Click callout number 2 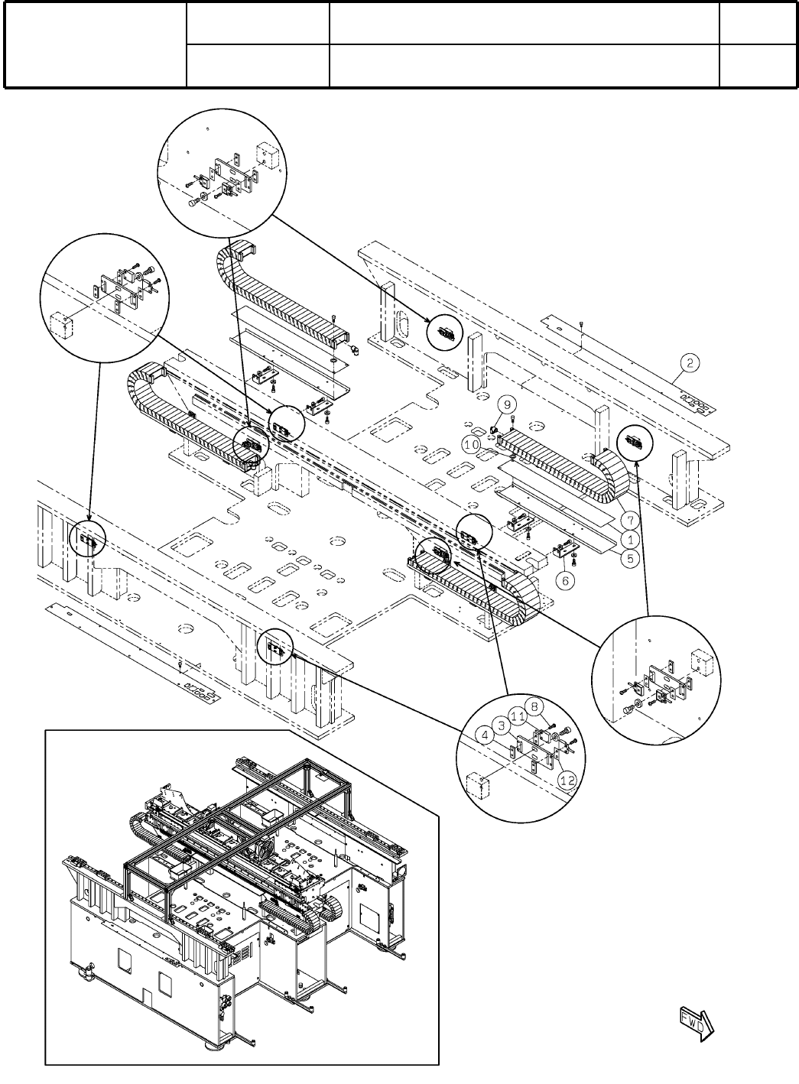click(689, 362)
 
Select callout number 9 click(509, 402)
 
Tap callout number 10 click(472, 443)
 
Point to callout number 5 click(630, 558)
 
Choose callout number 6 click(566, 581)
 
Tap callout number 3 click(501, 723)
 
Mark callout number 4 click(484, 735)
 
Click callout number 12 click(567, 781)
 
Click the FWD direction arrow click(695, 1024)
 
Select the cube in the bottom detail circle click(478, 784)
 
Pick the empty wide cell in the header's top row click(524, 22)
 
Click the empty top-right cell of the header click(758, 22)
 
